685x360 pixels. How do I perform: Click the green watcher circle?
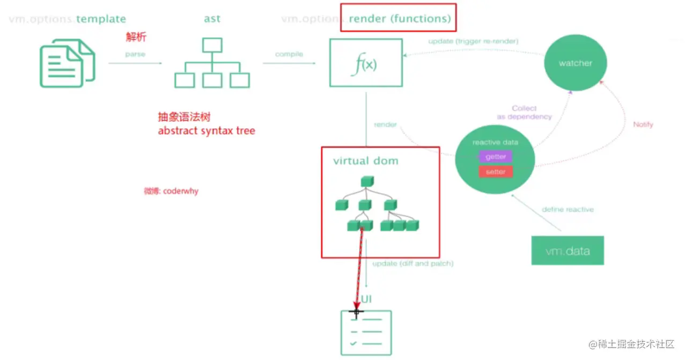click(575, 63)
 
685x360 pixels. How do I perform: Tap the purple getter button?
click(495, 157)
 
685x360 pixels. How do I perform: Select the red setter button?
click(495, 172)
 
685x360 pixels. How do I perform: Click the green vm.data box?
click(568, 251)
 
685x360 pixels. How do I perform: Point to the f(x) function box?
click(366, 63)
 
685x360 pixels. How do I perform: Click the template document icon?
click(68, 63)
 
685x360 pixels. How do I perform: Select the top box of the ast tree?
click(212, 45)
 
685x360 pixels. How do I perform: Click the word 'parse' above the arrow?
click(135, 54)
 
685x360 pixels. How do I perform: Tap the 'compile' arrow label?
click(289, 54)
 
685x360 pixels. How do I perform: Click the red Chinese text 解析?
click(136, 38)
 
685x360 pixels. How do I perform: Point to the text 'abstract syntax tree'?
click(207, 130)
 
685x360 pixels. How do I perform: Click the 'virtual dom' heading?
click(366, 160)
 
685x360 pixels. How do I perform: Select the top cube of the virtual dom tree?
click(366, 182)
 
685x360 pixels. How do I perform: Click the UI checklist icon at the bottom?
click(366, 333)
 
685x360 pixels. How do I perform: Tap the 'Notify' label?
click(643, 124)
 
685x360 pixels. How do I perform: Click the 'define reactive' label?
click(568, 209)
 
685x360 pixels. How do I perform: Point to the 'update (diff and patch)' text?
click(413, 263)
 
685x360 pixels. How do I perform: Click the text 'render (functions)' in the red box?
click(400, 19)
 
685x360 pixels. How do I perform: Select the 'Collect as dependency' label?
click(524, 113)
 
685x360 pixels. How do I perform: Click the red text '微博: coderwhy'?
click(171, 191)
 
